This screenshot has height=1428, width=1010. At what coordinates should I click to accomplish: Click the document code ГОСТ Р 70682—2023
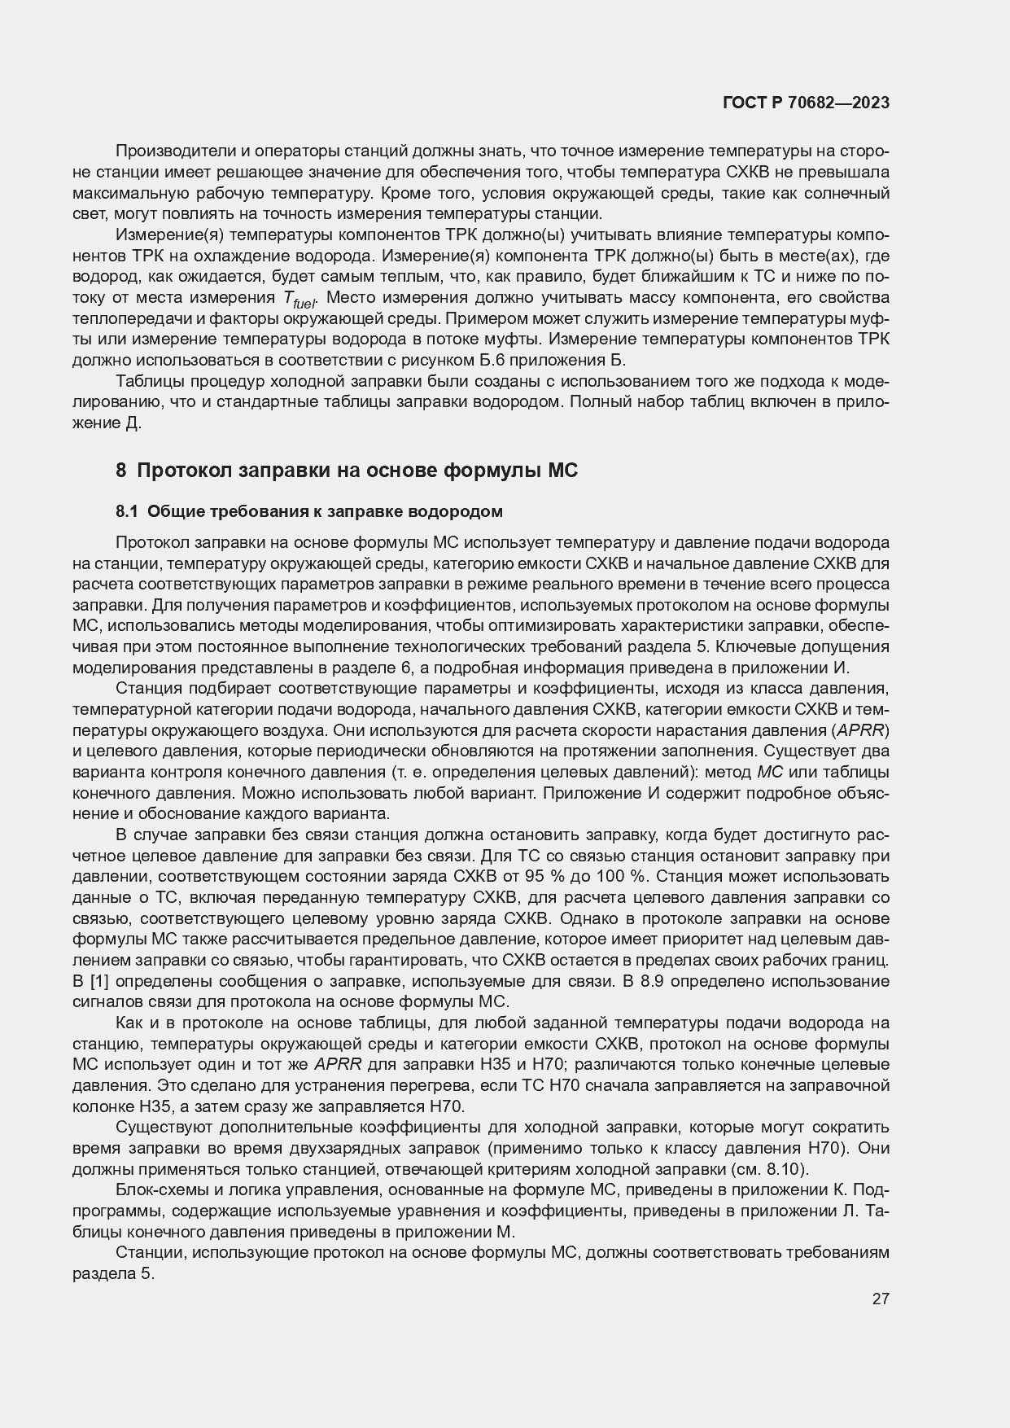(x=806, y=103)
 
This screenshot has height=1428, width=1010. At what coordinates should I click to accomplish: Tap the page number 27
(x=880, y=1299)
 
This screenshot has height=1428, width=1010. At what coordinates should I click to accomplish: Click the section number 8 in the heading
(x=120, y=470)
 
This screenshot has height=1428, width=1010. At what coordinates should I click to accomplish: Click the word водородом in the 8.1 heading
(x=458, y=511)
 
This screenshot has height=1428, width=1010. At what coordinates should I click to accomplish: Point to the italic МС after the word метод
(x=769, y=772)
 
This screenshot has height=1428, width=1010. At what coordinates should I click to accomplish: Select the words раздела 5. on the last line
(x=113, y=1274)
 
